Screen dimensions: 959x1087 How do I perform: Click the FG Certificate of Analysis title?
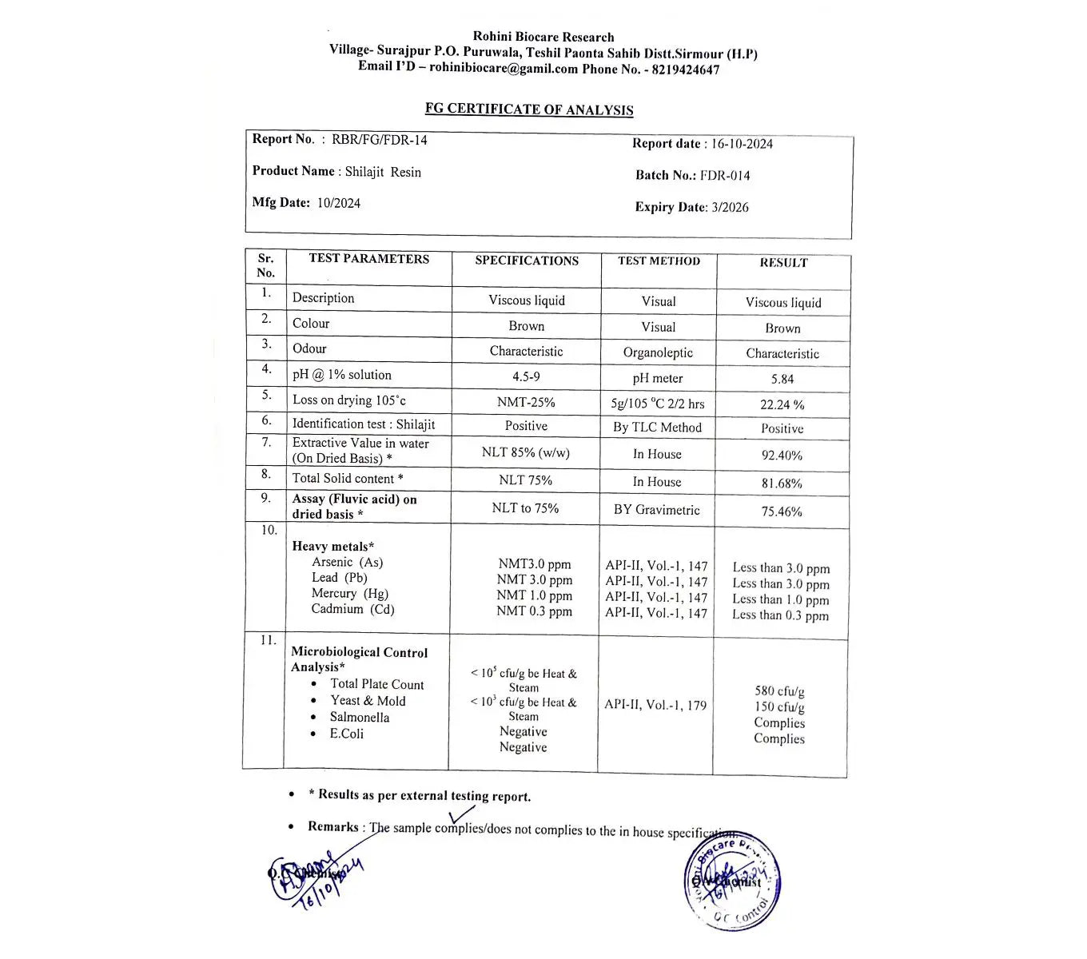[x=528, y=109]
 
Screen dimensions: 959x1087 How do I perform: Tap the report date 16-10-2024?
[x=742, y=144]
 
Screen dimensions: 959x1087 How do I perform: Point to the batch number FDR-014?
[x=724, y=175]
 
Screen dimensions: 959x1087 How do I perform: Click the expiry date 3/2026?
[x=730, y=207]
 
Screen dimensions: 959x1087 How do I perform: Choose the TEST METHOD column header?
[x=659, y=261]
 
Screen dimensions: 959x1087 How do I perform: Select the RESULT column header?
[x=782, y=263]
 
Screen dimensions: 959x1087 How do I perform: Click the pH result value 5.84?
[x=782, y=380]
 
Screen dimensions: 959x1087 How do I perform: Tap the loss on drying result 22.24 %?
[x=782, y=405]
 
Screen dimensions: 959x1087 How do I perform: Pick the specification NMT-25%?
[x=526, y=402]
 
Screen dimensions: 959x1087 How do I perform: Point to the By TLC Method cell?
[x=657, y=428]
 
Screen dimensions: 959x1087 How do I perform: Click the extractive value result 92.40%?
[x=782, y=456]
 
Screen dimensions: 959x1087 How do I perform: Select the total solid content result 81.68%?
[x=782, y=483]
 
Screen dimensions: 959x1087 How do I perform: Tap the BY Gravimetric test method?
[x=656, y=510]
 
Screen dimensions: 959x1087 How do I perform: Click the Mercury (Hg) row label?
[x=349, y=593]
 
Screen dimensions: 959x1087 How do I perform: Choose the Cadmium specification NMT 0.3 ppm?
[x=534, y=611]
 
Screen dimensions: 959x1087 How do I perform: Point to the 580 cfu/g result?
[x=779, y=691]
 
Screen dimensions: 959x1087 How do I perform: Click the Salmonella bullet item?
[x=359, y=717]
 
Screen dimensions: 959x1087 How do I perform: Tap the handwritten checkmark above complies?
[x=461, y=814]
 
